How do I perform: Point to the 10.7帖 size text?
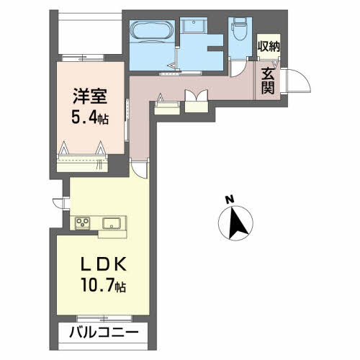[x=103, y=287]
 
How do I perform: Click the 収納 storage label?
[x=269, y=46]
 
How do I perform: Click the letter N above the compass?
[x=228, y=199]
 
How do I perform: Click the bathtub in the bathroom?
[x=152, y=32]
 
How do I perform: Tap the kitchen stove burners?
[x=81, y=222]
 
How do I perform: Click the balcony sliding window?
[x=100, y=318]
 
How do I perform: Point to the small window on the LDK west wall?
[x=53, y=204]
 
